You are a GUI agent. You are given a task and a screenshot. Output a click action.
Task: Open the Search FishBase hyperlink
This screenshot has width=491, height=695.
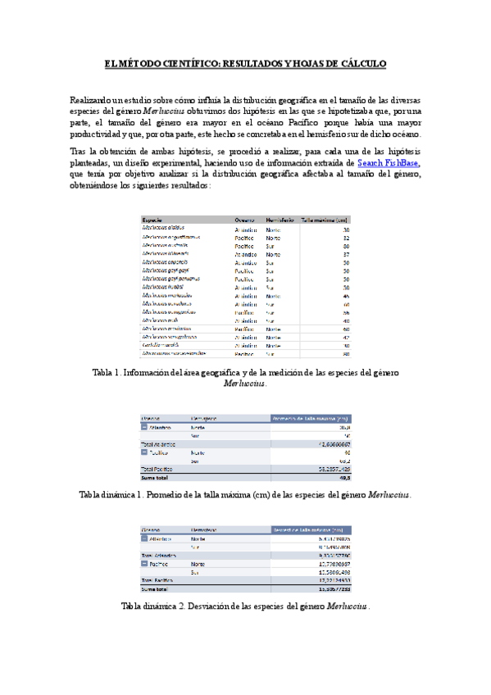(390, 164)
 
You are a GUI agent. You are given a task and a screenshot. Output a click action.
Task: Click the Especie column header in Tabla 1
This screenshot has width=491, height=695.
(152, 220)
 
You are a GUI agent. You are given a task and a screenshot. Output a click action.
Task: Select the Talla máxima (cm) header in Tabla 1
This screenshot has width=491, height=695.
(325, 220)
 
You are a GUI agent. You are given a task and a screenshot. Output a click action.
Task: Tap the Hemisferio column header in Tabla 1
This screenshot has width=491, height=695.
(280, 220)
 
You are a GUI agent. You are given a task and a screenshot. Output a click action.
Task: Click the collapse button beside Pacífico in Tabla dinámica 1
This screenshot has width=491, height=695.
(145, 452)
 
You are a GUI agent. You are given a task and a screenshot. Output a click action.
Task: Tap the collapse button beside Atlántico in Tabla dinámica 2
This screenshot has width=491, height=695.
(145, 539)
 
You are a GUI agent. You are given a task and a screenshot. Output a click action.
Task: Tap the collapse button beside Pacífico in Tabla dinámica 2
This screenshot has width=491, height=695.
(145, 564)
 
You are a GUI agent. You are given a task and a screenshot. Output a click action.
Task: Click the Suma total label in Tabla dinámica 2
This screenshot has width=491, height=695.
(157, 588)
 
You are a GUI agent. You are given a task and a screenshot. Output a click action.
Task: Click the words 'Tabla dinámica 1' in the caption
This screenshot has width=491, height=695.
(114, 495)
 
